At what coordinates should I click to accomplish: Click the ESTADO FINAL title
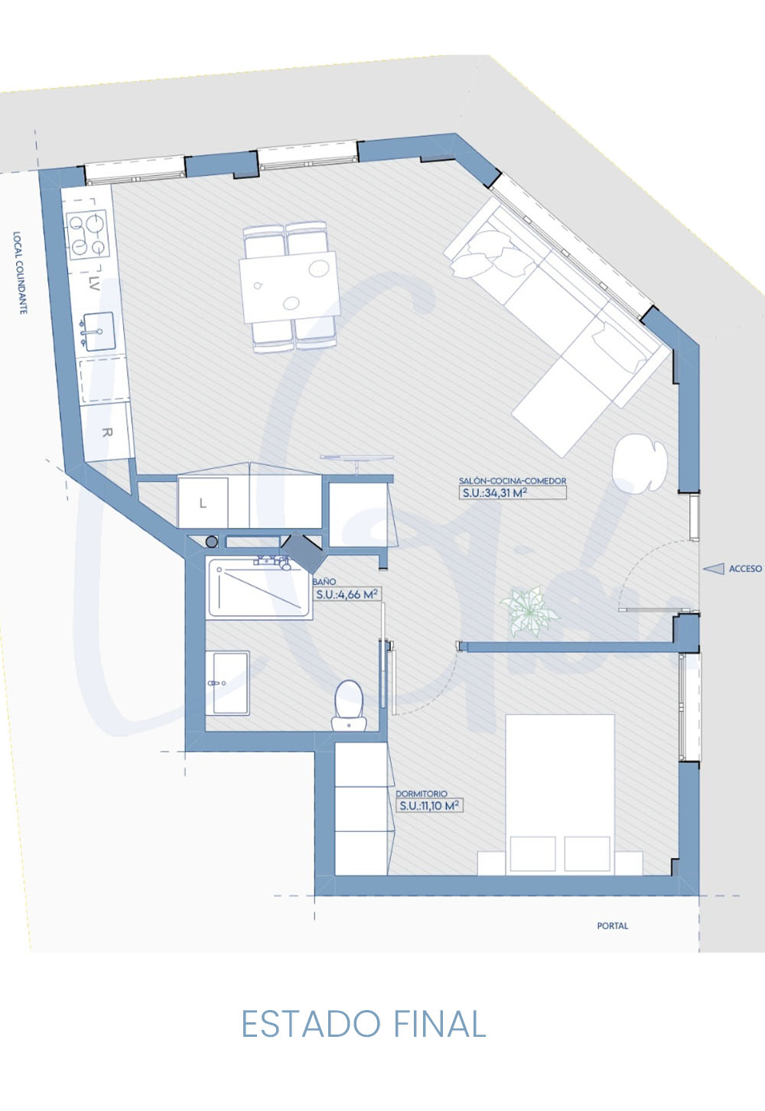point(363,1024)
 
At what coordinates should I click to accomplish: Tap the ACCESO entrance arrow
point(714,569)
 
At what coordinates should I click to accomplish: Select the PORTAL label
point(613,925)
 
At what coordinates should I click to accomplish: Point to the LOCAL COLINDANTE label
point(19,273)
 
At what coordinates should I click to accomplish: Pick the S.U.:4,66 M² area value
point(347,594)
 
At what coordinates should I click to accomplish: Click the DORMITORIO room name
point(422,794)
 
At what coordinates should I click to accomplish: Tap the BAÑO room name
point(324,581)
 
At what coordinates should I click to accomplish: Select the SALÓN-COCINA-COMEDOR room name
point(513,481)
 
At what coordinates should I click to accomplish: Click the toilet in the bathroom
point(350,705)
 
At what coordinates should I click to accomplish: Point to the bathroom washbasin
point(227,683)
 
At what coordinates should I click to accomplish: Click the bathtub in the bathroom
point(259,588)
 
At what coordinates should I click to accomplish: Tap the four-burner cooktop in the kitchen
point(89,235)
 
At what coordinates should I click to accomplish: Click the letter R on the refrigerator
point(106,433)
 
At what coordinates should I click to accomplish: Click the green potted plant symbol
point(529,611)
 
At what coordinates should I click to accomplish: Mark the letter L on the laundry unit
point(203,503)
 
